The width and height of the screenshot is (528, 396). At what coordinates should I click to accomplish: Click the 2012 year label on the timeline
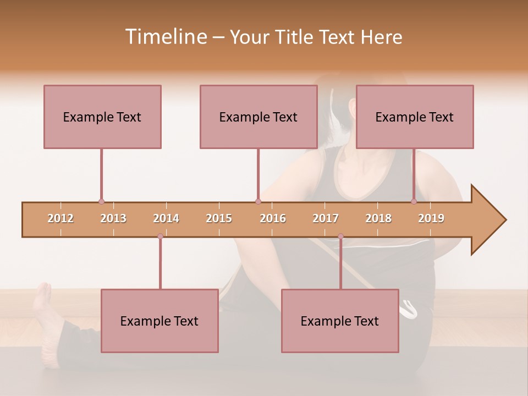61,218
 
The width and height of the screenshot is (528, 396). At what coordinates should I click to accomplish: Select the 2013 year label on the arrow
113,218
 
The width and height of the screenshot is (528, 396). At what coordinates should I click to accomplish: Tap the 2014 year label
166,218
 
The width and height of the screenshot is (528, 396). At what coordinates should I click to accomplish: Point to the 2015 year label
219,218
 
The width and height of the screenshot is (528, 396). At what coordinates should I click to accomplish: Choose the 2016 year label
273,218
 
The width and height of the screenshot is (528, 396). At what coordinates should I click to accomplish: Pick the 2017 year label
326,218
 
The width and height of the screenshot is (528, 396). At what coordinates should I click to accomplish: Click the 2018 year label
378,218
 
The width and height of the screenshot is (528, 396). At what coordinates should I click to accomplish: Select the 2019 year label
431,218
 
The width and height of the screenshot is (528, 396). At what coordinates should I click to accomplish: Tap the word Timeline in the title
164,37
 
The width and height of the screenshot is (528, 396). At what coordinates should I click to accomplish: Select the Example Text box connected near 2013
102,117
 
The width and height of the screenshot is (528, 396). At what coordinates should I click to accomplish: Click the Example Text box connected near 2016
258,117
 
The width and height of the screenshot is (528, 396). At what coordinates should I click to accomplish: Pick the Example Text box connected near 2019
415,117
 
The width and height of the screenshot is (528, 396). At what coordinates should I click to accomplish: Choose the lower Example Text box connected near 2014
159,321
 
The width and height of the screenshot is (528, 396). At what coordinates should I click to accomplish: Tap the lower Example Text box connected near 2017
340,321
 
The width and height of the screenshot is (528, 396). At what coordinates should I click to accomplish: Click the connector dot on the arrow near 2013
101,202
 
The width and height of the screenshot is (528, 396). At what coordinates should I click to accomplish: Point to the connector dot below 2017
340,237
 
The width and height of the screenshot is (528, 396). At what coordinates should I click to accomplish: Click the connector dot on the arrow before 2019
414,202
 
